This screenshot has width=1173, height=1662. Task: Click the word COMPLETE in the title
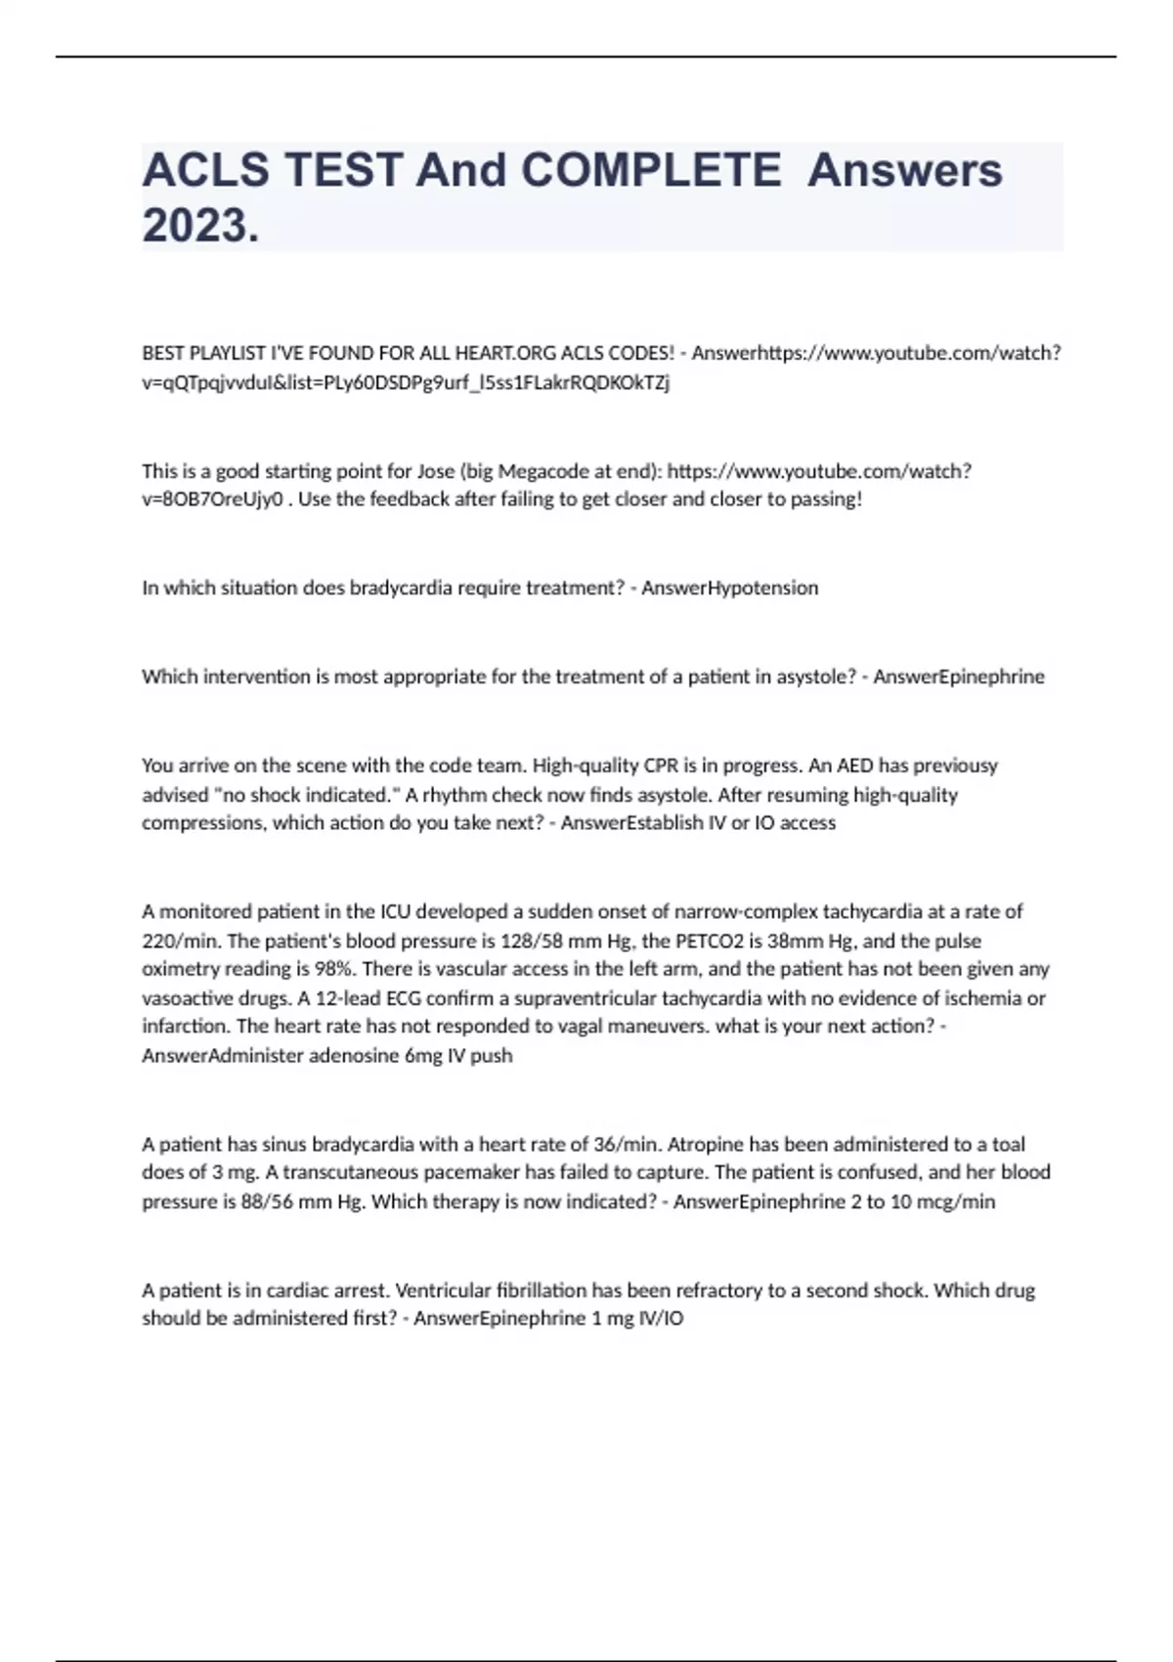tap(650, 170)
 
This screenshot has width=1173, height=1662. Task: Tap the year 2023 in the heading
tap(200, 226)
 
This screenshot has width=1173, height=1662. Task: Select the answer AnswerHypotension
tap(729, 588)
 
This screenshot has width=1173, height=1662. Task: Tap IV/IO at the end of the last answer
tap(660, 1319)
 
